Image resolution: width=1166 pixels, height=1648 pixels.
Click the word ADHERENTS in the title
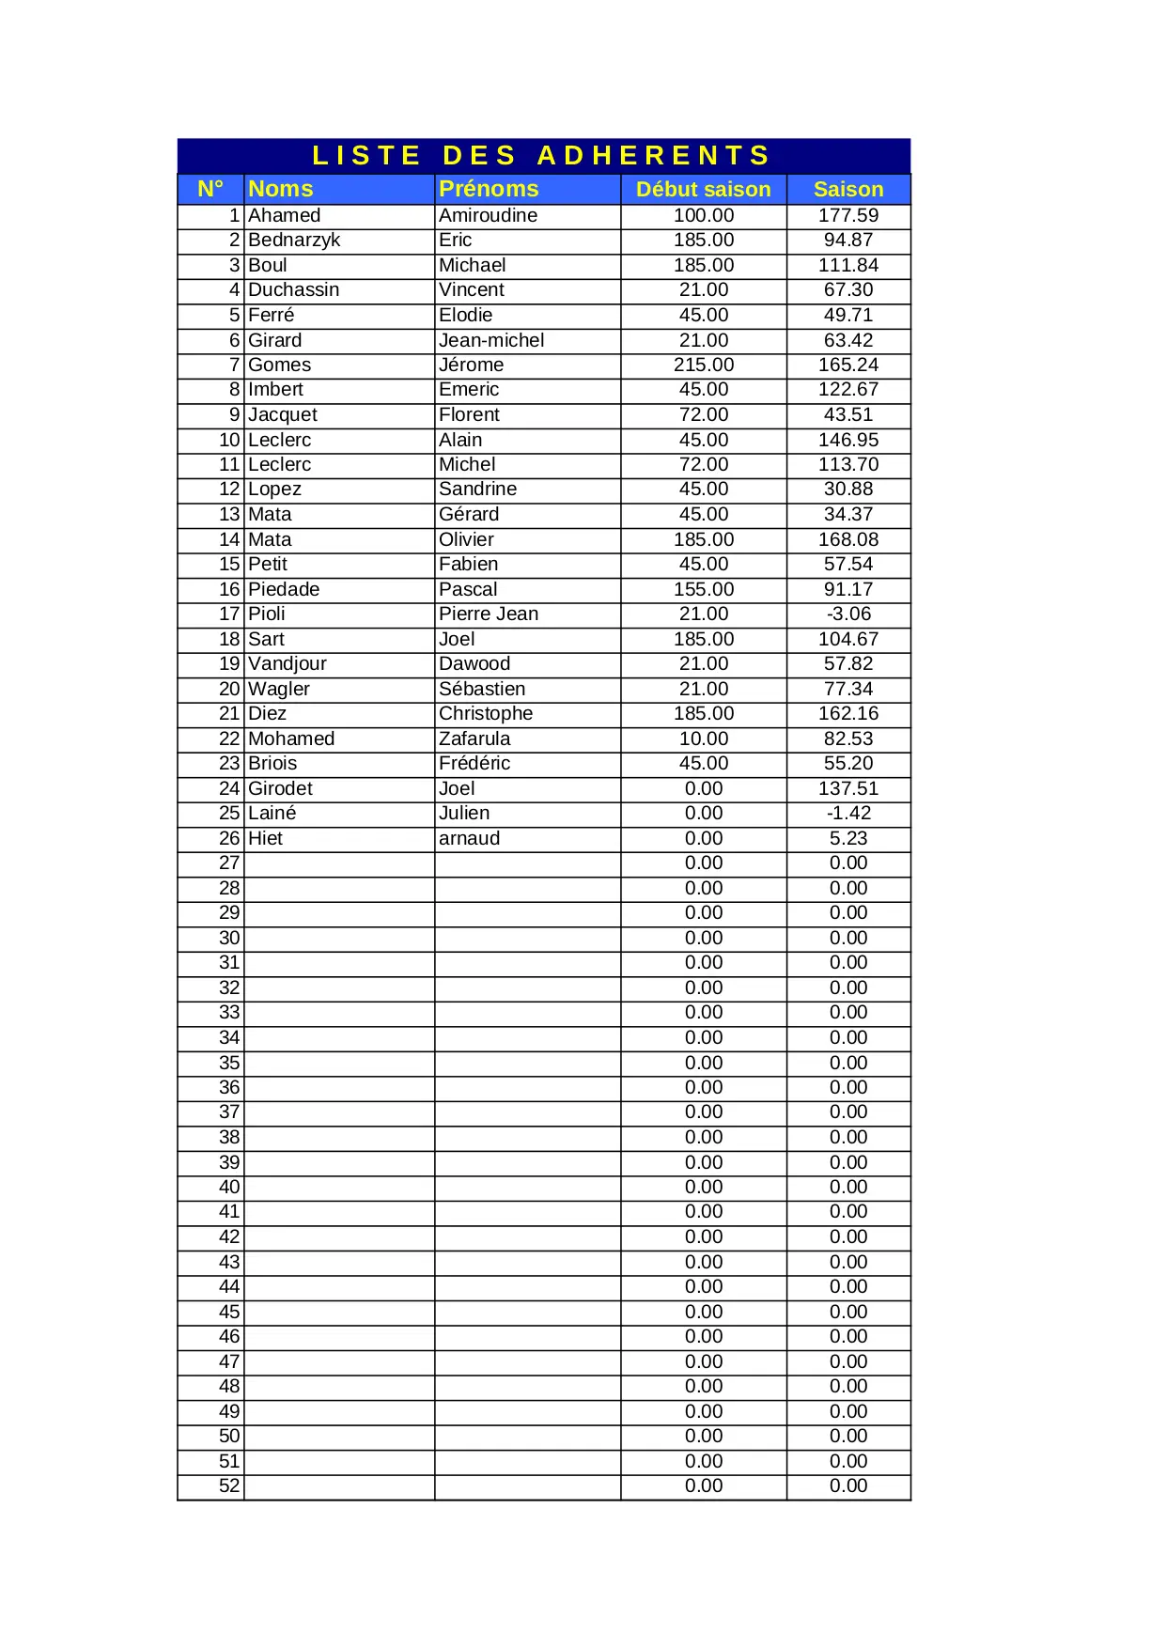654,155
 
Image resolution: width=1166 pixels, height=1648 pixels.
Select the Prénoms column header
489,189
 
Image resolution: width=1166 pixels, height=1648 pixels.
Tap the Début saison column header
703,190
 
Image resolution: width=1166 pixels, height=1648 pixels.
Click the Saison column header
848,190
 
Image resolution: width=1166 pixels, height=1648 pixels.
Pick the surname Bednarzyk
294,241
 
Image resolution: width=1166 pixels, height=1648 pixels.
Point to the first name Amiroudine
488,215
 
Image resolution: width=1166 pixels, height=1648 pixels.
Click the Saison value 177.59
848,215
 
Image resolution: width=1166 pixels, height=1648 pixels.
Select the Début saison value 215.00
704,365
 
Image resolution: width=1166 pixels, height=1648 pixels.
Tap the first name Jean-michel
491,340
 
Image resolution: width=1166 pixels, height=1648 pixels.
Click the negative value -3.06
848,614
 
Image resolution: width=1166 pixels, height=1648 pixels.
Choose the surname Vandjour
288,663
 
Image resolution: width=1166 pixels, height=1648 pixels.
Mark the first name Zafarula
474,738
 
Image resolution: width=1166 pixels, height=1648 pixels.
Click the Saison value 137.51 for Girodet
848,788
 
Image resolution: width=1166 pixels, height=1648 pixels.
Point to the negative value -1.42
848,813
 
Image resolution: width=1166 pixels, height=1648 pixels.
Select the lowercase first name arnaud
469,838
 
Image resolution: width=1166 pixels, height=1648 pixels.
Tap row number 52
229,1485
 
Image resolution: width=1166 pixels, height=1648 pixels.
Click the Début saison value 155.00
704,589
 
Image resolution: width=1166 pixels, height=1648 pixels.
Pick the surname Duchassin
294,289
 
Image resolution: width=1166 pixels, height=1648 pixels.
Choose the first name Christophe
486,713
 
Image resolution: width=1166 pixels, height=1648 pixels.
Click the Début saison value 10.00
704,738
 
